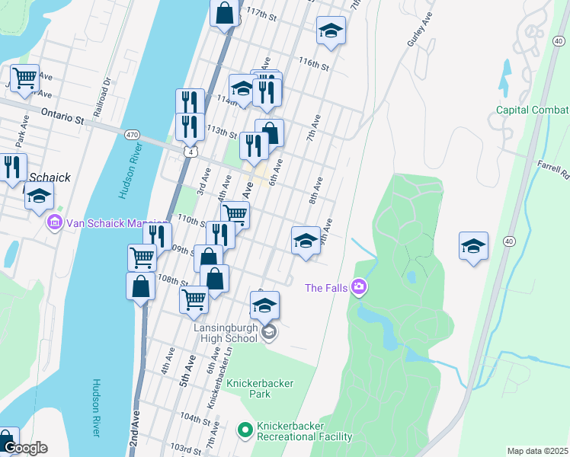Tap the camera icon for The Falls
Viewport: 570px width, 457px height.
(359, 287)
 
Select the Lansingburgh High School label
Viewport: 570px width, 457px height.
(225, 332)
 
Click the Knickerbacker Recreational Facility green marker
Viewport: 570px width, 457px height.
(245, 431)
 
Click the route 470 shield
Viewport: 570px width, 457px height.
(132, 135)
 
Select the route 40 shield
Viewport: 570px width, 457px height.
(509, 241)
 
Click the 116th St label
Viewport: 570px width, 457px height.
(313, 65)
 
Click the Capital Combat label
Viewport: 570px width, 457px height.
(533, 110)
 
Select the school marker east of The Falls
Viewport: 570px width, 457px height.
(473, 245)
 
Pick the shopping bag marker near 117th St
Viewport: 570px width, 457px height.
(224, 13)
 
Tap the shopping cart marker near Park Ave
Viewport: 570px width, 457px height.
(24, 77)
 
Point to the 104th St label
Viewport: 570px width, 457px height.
(196, 418)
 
